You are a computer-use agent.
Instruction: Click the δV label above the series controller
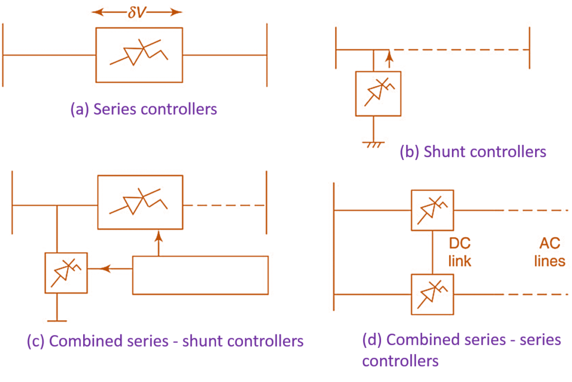click(x=137, y=12)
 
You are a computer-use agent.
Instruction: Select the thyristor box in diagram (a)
click(x=139, y=55)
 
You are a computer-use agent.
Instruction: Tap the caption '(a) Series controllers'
click(x=144, y=109)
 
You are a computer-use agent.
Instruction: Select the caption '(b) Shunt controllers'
click(x=473, y=152)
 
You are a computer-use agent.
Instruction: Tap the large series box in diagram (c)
click(x=140, y=202)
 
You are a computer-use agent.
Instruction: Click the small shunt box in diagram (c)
click(x=66, y=272)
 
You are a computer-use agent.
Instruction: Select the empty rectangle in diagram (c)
click(x=200, y=275)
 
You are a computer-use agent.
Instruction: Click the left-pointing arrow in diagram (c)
click(x=106, y=269)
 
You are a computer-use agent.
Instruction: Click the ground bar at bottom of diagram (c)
click(x=57, y=320)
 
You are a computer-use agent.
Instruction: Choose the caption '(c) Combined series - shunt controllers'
click(x=165, y=341)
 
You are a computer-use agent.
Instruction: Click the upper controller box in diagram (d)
click(x=433, y=210)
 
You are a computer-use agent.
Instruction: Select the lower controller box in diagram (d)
click(x=433, y=293)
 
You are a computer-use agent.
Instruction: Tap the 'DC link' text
click(x=460, y=252)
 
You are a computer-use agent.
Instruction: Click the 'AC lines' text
click(x=550, y=252)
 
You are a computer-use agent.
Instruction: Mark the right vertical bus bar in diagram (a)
click(x=267, y=55)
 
